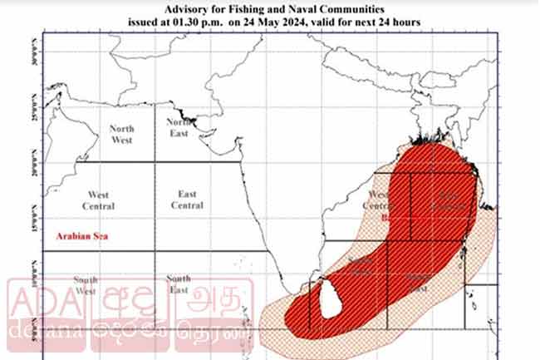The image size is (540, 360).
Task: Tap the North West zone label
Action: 122,134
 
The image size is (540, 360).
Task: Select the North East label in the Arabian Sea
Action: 179,127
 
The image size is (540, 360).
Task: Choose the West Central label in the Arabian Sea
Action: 99,200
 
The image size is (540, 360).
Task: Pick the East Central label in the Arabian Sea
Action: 186,200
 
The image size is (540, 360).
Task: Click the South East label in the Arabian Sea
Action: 178,284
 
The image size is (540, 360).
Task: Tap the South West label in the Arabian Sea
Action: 86,285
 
